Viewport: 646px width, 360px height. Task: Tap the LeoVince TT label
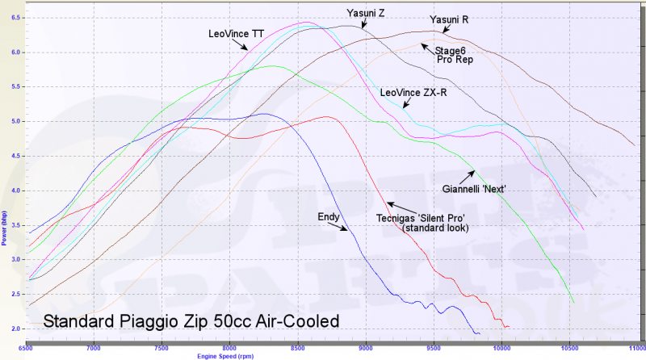236,34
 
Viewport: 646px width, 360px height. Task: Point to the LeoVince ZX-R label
413,92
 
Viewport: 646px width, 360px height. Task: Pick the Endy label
329,216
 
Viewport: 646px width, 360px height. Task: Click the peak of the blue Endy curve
263,114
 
